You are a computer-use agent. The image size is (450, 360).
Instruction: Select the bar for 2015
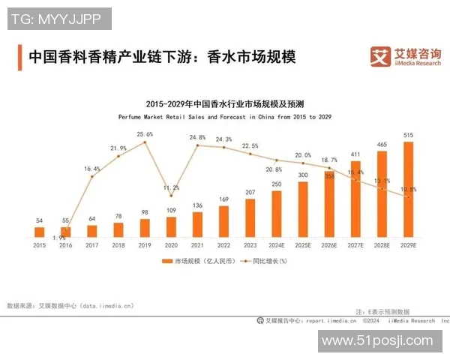click(x=40, y=232)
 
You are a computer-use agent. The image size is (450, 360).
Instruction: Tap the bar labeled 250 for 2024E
click(x=277, y=214)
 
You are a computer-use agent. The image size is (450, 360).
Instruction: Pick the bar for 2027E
click(x=356, y=199)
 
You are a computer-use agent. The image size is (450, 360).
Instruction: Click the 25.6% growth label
click(x=145, y=134)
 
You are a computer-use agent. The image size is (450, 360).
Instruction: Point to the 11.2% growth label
click(x=171, y=187)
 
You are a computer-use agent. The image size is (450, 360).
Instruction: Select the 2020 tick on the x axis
click(x=171, y=245)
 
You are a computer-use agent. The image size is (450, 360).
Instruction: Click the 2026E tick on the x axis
click(x=329, y=245)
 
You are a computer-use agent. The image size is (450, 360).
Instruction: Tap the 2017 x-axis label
click(x=92, y=245)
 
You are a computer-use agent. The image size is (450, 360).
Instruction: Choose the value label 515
click(x=409, y=135)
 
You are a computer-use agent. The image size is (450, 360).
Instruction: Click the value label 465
click(x=382, y=145)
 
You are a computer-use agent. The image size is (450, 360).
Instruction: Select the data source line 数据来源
click(x=69, y=305)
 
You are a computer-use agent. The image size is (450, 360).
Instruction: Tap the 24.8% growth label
click(x=197, y=137)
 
